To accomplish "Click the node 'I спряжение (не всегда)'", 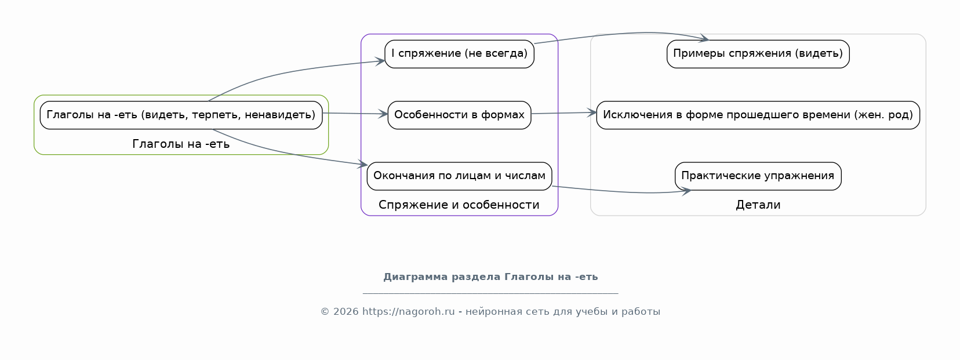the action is coord(459,54).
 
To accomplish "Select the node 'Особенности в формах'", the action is coord(459,115).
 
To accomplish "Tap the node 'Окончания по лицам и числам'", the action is coord(459,176).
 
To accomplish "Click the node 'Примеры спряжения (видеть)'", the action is coord(758,54).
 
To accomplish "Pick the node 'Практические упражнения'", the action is coord(758,176).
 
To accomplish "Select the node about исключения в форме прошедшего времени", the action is coord(758,115).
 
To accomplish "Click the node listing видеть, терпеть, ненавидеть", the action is coord(181,115).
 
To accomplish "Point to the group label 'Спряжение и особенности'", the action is coord(459,205).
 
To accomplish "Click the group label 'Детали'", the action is coord(758,205).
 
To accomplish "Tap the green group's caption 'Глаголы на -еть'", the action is coord(181,144).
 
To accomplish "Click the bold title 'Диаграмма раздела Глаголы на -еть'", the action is coord(490,277).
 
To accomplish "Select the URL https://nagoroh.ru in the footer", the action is coord(409,311).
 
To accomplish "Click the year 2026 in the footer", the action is coord(346,311).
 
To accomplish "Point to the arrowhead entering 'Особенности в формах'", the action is coord(383,114).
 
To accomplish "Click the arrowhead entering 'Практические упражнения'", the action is coord(686,191).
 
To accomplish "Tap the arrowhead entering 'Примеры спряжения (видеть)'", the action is coord(703,38).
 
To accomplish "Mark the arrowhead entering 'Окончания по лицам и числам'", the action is coord(362,164).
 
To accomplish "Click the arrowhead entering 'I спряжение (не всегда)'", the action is coord(380,61).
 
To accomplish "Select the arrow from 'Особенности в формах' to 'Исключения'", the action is coord(564,113).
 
